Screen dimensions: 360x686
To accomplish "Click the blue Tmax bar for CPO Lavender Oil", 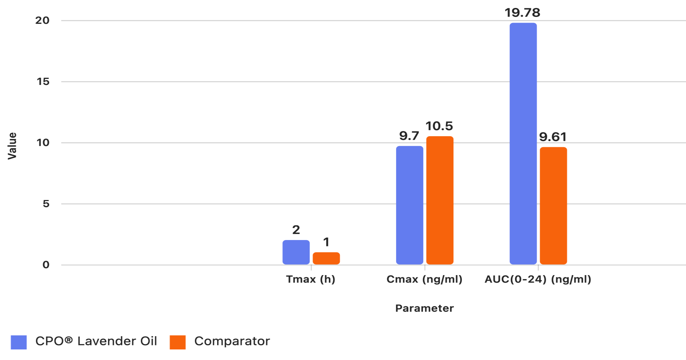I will point(296,252).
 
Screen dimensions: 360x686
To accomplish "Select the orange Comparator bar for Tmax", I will point(326,258).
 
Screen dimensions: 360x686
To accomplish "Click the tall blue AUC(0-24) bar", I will point(523,143).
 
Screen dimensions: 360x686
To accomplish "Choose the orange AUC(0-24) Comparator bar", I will point(553,206).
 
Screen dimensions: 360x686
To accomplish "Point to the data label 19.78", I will point(523,13).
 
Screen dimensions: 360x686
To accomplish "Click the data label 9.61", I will point(553,137).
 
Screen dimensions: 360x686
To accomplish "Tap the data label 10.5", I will point(439,126).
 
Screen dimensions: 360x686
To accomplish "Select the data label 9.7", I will point(409,136).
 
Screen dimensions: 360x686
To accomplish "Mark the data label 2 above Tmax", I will point(296,230).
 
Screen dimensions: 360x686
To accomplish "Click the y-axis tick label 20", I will point(43,20).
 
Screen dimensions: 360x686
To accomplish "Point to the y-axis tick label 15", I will point(43,82).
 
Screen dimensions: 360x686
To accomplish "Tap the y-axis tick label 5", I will point(46,204).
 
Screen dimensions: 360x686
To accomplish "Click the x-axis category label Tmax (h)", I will point(310,279).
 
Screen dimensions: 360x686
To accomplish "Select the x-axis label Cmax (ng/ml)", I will point(424,279).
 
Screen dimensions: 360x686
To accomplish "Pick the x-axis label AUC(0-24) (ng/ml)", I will point(538,279).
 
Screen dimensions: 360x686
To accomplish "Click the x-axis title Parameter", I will point(424,308).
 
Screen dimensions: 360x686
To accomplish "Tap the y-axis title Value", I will point(12,146).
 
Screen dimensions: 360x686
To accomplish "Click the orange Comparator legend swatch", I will point(177,342).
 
